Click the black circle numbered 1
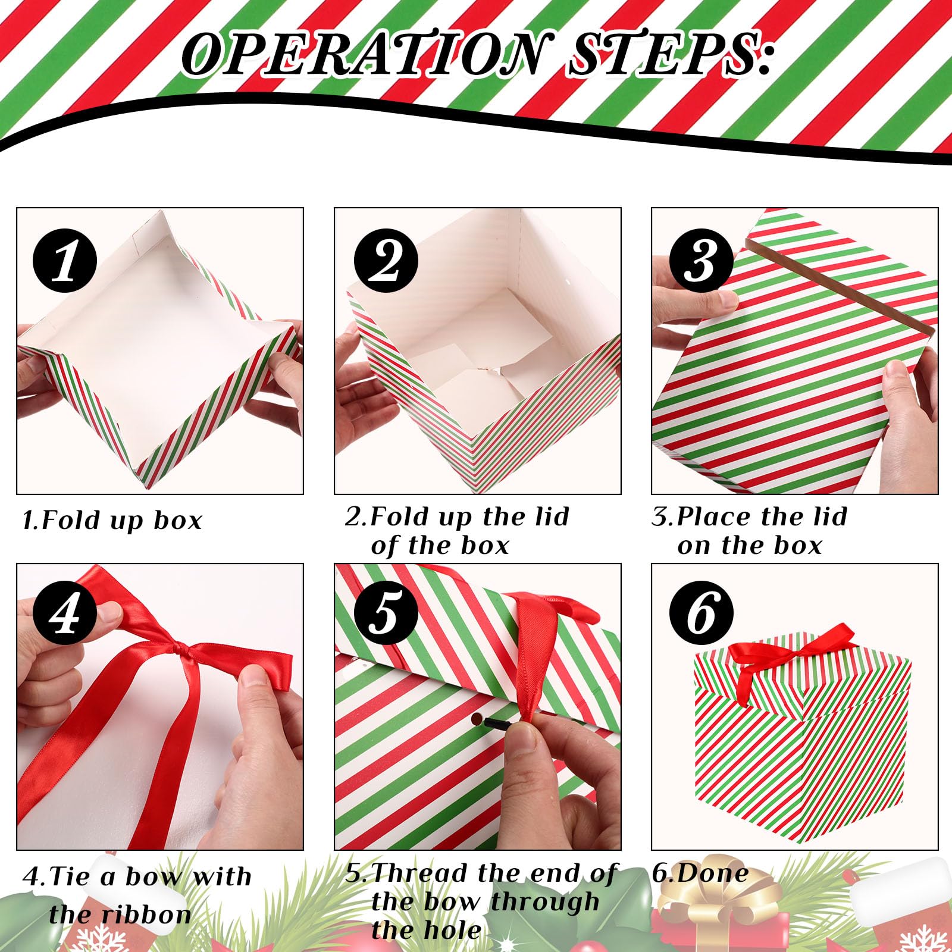tap(65, 262)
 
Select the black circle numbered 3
tap(702, 261)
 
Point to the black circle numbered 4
tap(65, 613)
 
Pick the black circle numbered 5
tap(386, 613)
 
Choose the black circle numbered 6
tap(702, 613)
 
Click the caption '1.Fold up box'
tap(112, 520)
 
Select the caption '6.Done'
tap(700, 873)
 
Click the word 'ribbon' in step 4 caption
tap(120, 914)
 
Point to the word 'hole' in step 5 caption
tap(426, 930)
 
